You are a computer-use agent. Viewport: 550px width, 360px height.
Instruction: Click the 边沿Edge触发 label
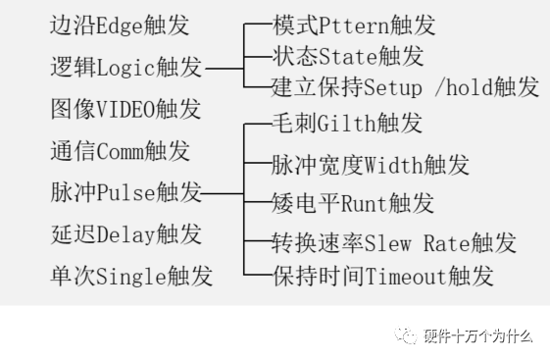click(120, 26)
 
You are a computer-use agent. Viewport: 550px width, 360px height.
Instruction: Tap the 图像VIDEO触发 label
click(125, 109)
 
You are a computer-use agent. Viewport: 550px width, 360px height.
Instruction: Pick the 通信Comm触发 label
click(120, 151)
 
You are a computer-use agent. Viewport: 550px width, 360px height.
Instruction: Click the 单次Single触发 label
click(130, 276)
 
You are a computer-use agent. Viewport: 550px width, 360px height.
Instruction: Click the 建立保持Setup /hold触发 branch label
click(405, 87)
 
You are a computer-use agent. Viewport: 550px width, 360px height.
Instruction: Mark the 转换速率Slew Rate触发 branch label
click(393, 242)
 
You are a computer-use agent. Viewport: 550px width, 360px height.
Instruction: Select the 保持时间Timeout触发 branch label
click(381, 276)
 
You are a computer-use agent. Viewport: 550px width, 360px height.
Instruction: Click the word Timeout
click(406, 276)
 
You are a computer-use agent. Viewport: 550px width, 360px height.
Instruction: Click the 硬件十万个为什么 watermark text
click(477, 337)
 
